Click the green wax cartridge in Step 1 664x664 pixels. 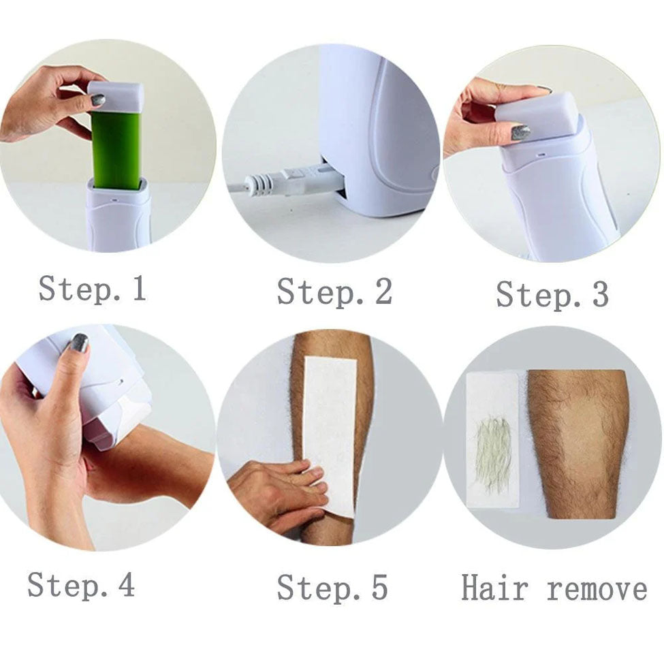coord(116,147)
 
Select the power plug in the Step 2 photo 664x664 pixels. coord(288,182)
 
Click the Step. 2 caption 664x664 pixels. coord(334,291)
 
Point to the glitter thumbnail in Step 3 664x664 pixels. coord(521,133)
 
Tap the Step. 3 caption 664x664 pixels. coord(552,294)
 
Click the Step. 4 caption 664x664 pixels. coord(81,584)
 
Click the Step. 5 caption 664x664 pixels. coord(332,588)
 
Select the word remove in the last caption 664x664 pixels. coord(597,590)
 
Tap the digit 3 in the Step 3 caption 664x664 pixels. coord(601,294)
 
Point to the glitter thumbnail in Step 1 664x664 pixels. coord(98,100)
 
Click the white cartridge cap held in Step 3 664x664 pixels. coord(537,114)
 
